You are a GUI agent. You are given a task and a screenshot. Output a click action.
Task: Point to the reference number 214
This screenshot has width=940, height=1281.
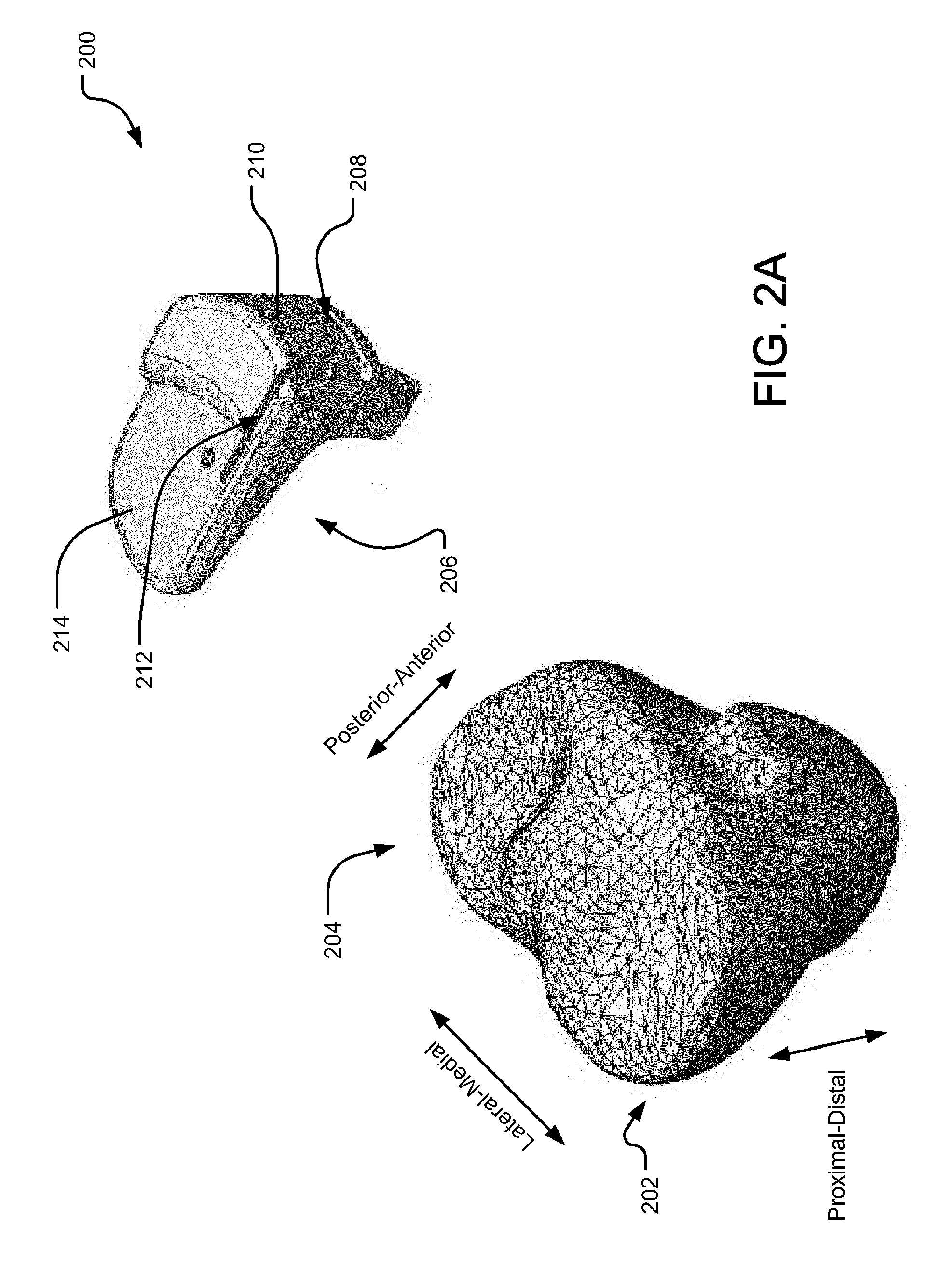62,633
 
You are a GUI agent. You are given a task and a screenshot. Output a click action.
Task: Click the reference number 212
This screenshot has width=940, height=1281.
145,670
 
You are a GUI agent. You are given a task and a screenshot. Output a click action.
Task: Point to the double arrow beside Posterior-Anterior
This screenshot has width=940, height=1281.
410,714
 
